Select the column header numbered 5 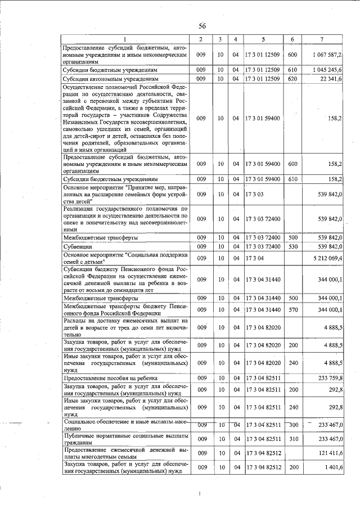click(x=263, y=39)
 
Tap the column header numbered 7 click(x=321, y=39)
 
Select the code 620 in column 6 click(x=292, y=79)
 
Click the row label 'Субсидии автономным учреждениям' click(x=110, y=79)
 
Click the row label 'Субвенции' click(x=78, y=246)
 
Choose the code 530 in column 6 click(x=292, y=246)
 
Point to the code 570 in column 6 click(x=292, y=310)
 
